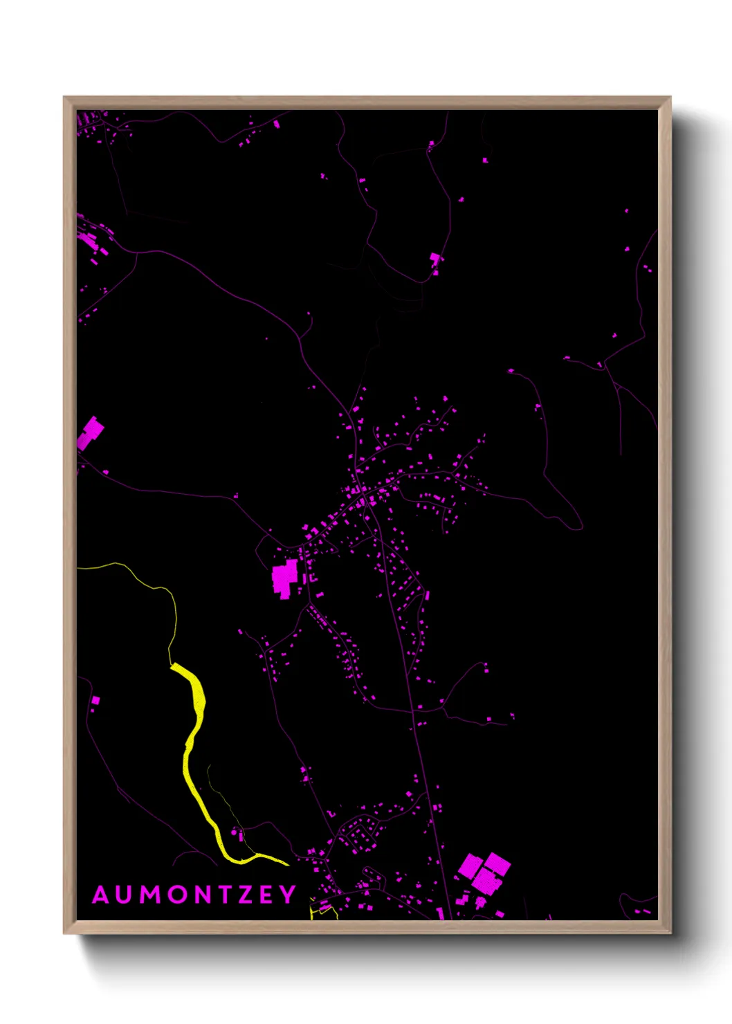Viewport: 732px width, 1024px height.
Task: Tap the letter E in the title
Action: [267, 895]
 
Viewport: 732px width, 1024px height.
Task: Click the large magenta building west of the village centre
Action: [285, 578]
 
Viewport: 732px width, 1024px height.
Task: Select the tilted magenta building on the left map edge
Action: [90, 433]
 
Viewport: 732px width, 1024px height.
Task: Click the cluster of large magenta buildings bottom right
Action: [485, 873]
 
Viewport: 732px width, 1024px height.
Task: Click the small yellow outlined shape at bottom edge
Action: [322, 911]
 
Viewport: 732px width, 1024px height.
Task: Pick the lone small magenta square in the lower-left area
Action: [95, 700]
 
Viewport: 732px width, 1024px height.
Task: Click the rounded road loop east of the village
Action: [564, 509]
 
